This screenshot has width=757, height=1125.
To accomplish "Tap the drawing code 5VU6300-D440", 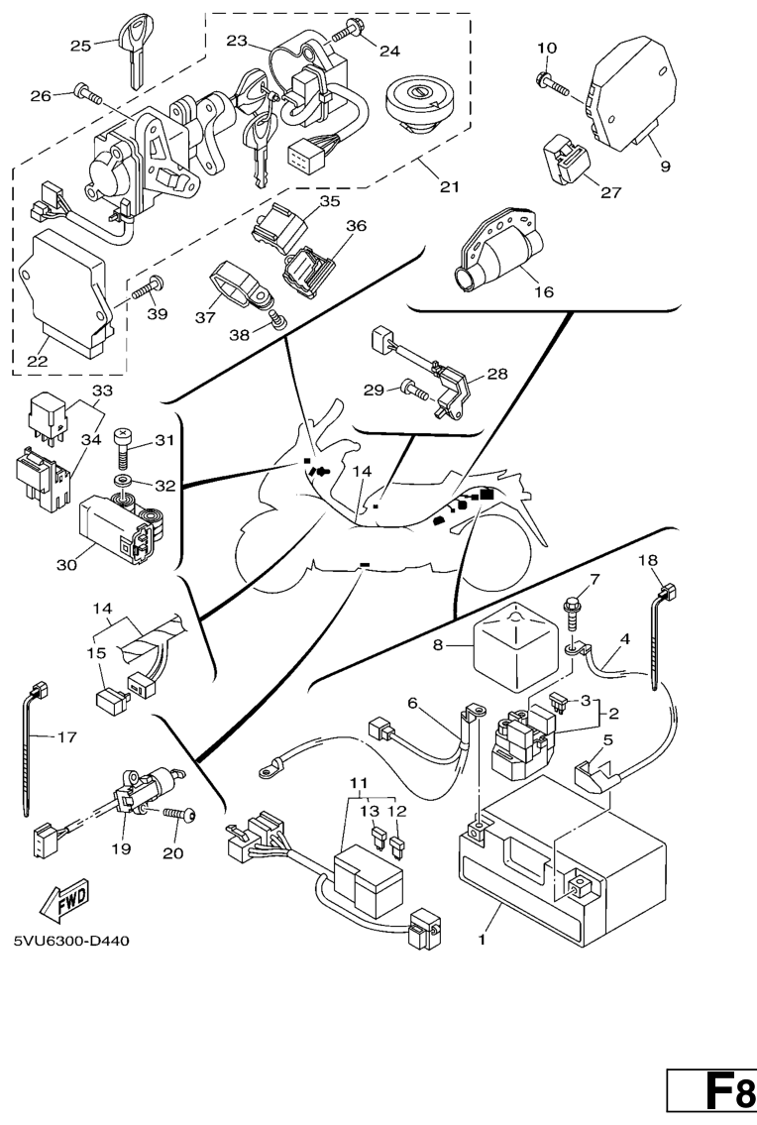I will pyautogui.click(x=71, y=940).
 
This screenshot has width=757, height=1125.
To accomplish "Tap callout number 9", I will pyautogui.click(x=665, y=167).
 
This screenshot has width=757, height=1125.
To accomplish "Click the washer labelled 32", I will pyautogui.click(x=128, y=484).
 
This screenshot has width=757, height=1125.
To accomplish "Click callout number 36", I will pyautogui.click(x=355, y=227).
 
